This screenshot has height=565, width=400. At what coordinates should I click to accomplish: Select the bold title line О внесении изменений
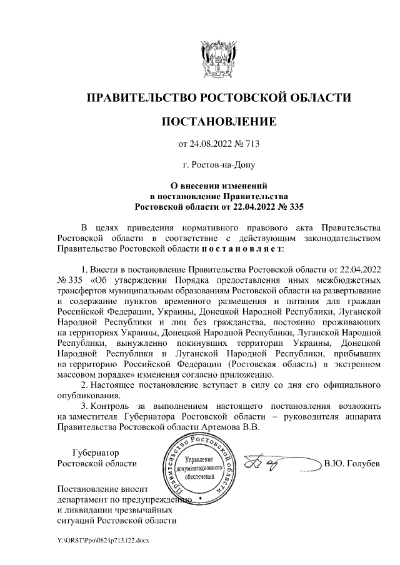pos(219,185)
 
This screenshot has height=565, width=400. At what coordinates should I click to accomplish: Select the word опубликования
pos(86,396)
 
